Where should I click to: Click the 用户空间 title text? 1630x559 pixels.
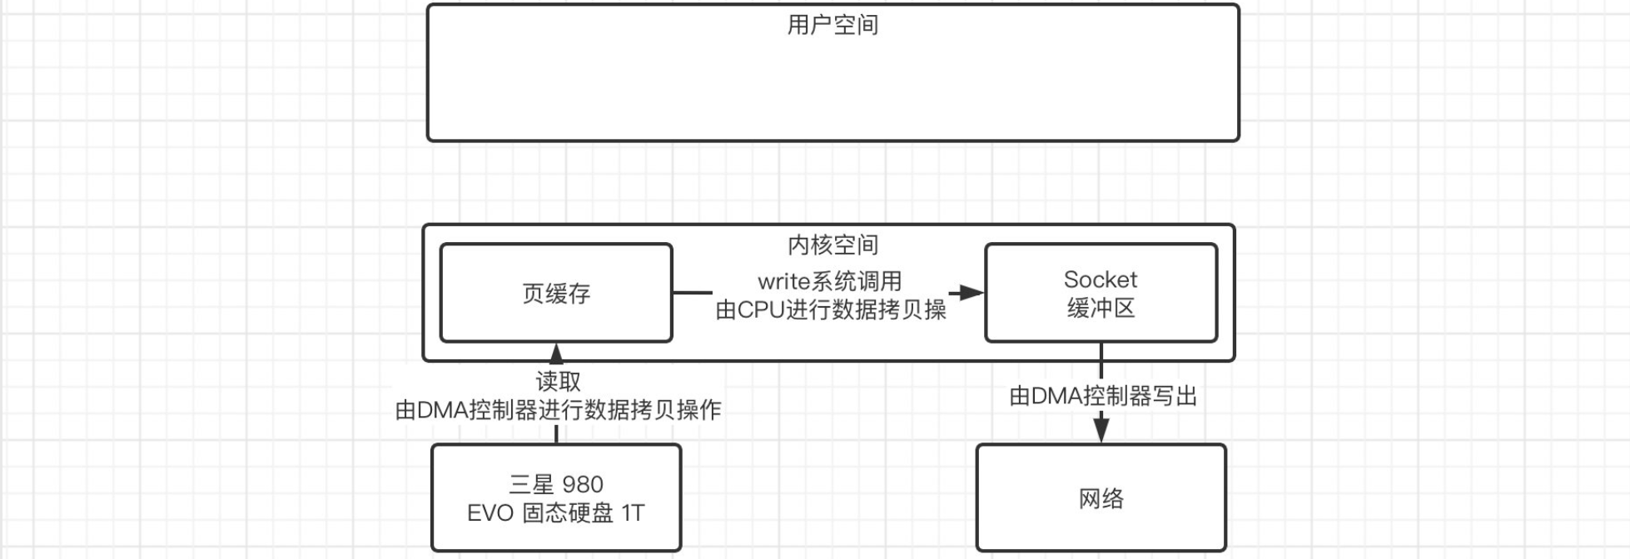[x=832, y=25]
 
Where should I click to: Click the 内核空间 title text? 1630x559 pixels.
[x=832, y=245]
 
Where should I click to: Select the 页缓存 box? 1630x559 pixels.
[x=555, y=293]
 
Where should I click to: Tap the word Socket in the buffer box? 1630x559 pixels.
[x=1100, y=279]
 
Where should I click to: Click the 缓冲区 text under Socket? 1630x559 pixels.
[x=1101, y=309]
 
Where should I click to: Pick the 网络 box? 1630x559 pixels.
[x=1101, y=498]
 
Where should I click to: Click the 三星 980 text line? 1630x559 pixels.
[x=555, y=484]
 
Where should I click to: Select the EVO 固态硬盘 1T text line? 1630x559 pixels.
[x=555, y=512]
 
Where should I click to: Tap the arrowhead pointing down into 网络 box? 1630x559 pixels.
[x=1101, y=430]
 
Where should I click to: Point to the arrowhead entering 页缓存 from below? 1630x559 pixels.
[x=556, y=353]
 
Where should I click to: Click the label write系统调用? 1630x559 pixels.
[x=829, y=281]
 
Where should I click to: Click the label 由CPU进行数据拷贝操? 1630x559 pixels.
[x=830, y=309]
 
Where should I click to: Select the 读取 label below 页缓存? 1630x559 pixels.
[x=558, y=381]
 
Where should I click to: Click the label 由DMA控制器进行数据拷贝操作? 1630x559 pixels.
[x=558, y=410]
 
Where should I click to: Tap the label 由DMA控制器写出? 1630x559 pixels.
[x=1102, y=396]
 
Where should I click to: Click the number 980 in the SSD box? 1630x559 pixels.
[x=583, y=484]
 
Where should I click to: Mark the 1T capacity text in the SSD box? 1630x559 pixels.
[x=633, y=512]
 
